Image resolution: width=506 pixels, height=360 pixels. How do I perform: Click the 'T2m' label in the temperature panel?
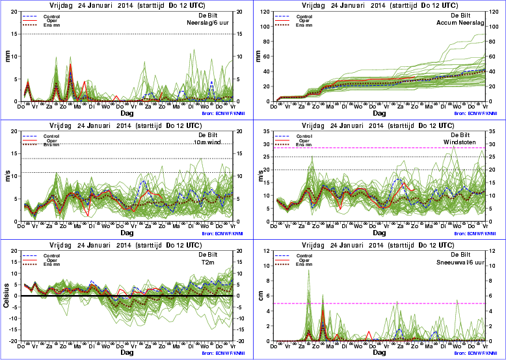click(x=225, y=261)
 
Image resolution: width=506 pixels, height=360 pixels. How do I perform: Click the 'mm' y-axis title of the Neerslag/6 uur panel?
click(x=8, y=57)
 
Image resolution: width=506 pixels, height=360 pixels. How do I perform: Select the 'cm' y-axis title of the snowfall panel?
click(x=262, y=296)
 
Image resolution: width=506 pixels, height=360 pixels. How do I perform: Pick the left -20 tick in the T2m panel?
click(x=13, y=341)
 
